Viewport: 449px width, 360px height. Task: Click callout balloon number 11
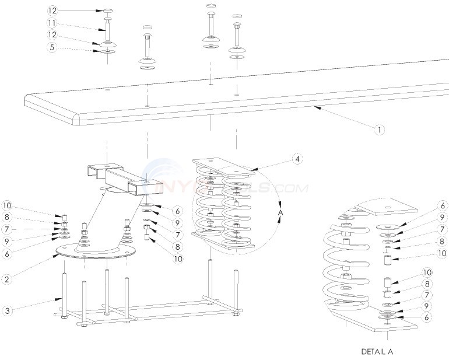tap(52, 24)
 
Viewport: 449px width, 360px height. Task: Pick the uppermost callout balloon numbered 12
tap(52, 11)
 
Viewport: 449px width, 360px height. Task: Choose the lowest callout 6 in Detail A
tap(443, 318)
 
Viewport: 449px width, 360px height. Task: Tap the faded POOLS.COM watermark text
tap(274, 188)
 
